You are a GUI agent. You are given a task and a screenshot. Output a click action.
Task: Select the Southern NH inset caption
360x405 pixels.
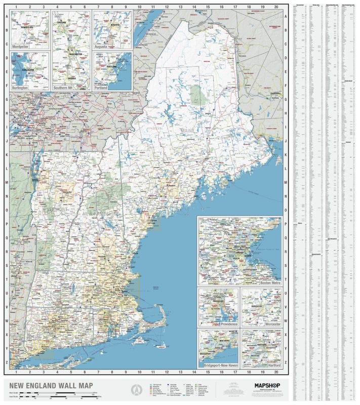[x=66, y=88]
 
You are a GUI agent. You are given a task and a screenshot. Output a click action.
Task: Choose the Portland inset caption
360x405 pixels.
[x=102, y=88]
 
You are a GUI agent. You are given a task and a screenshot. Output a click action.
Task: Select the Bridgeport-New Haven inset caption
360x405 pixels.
[x=220, y=364]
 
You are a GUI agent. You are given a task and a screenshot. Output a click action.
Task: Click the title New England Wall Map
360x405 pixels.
[x=41, y=384]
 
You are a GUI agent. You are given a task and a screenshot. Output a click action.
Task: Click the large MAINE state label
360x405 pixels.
[x=187, y=131]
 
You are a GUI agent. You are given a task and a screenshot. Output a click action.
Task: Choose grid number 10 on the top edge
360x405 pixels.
[x=139, y=7]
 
